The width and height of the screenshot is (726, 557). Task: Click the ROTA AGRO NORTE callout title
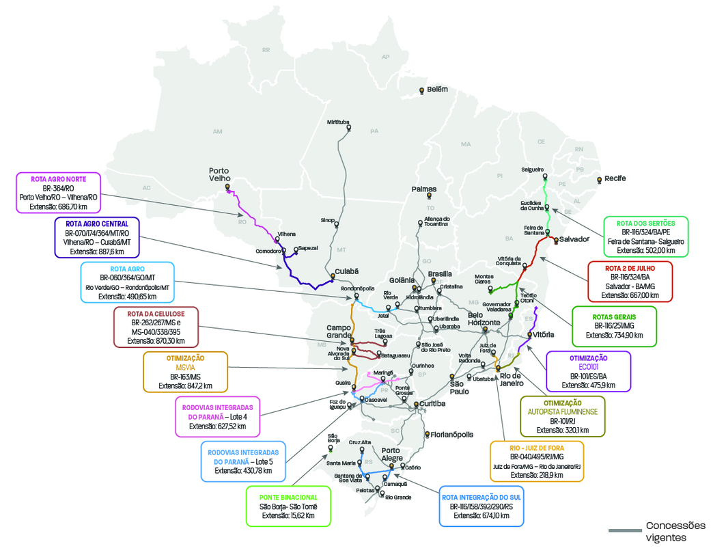(x=58, y=178)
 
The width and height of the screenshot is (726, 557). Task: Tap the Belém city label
(x=437, y=90)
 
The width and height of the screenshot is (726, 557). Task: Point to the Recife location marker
(x=599, y=180)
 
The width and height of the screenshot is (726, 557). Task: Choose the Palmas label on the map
(x=424, y=189)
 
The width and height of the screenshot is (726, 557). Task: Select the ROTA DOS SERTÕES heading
(x=645, y=223)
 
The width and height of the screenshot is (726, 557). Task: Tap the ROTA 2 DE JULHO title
(x=630, y=267)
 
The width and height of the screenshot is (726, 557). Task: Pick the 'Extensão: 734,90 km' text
(x=613, y=336)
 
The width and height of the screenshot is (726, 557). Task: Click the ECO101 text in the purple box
(x=588, y=366)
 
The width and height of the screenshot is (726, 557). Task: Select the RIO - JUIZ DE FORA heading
(x=537, y=447)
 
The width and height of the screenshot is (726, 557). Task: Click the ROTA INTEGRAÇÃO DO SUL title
(x=481, y=497)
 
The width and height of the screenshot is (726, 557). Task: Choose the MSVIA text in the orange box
(x=186, y=366)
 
